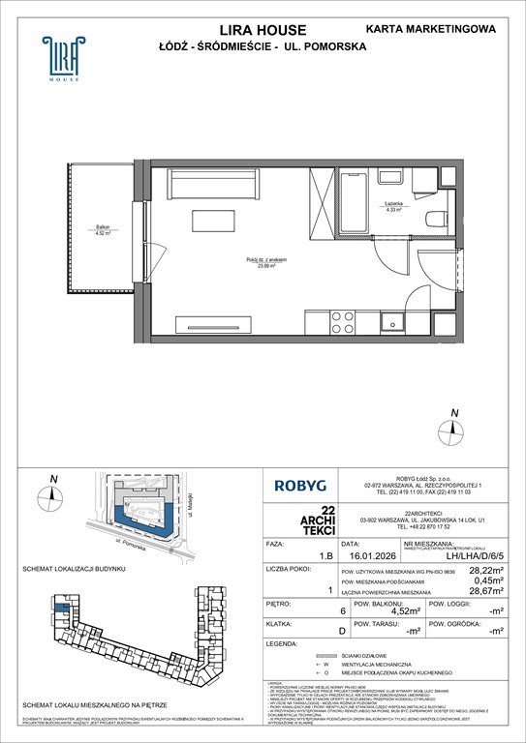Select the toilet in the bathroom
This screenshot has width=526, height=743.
(433, 216)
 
